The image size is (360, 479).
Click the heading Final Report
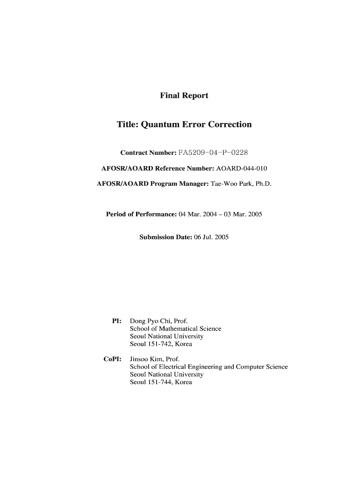[184, 96]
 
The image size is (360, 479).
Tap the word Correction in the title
[229, 124]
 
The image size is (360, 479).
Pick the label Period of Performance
[142, 214]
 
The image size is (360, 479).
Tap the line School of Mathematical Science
[175, 329]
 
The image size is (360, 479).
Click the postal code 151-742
[158, 344]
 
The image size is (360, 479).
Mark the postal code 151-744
[158, 382]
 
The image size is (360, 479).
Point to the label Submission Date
[166, 238]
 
